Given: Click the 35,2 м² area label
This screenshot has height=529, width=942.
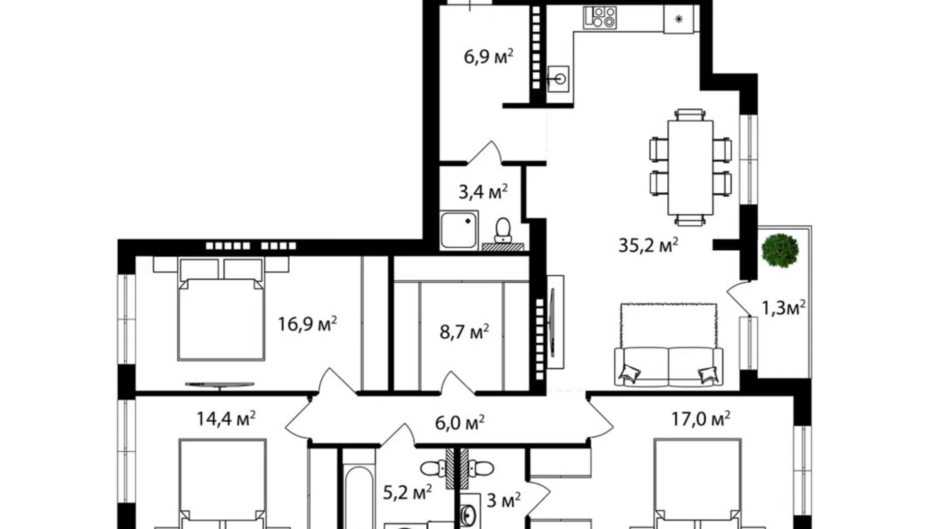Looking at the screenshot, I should pos(648,246).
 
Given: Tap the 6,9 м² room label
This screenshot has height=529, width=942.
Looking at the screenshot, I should pos(488,56).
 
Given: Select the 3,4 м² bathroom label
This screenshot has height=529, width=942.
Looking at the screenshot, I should pos(483,192).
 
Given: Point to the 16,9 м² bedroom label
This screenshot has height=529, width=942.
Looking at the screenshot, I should pos(307,324).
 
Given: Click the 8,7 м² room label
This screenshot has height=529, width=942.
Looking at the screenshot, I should pos(464,332).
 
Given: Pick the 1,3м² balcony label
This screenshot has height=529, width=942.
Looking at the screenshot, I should pos(783,308).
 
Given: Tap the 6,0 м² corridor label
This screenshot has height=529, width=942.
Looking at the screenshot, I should pos(459,422).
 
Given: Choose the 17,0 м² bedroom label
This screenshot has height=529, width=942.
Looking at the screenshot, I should pos(700,419).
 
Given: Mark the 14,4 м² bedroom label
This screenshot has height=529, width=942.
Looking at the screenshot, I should pos(226,419).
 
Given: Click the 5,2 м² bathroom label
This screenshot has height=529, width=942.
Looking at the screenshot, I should pos(407,492).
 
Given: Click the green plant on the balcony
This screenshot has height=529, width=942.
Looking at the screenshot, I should pos(780,250).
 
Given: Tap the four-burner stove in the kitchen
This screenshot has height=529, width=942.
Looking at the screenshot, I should pos(599,17).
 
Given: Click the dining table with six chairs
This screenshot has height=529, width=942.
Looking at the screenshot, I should pos(690,167).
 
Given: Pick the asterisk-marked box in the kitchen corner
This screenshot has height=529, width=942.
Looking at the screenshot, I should pos(678,19).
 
